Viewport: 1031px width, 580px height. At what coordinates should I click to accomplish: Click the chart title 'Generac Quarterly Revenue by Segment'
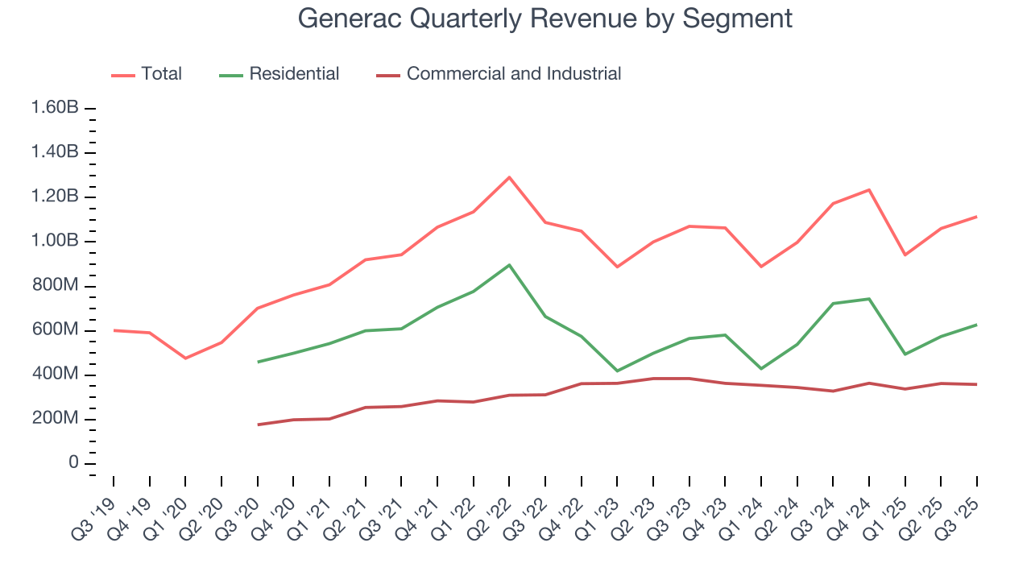[x=544, y=19]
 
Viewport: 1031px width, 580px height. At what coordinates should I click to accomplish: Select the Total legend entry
[x=147, y=74]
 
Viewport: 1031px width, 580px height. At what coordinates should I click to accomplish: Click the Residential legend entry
[x=279, y=74]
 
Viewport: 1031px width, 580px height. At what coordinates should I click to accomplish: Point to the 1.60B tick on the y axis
[x=56, y=108]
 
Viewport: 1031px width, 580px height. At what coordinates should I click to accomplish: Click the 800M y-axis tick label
[x=56, y=286]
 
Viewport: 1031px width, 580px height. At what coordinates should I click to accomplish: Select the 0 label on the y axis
[x=72, y=463]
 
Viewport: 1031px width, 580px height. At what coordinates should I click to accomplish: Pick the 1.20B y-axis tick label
[x=56, y=197]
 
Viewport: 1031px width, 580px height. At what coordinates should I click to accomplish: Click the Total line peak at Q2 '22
[x=509, y=177]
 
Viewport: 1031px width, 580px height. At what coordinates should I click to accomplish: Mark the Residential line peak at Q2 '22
[x=509, y=265]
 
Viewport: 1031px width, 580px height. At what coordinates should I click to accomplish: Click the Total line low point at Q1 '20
[x=185, y=358]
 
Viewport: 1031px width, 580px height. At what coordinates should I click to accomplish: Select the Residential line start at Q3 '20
[x=258, y=362]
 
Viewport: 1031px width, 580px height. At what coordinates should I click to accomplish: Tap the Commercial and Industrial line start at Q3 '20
[x=258, y=425]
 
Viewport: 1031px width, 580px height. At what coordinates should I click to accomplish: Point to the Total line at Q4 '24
[x=869, y=190]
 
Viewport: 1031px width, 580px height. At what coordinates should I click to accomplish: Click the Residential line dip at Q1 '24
[x=761, y=368]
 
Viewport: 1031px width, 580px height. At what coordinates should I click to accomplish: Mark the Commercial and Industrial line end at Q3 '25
[x=977, y=384]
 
